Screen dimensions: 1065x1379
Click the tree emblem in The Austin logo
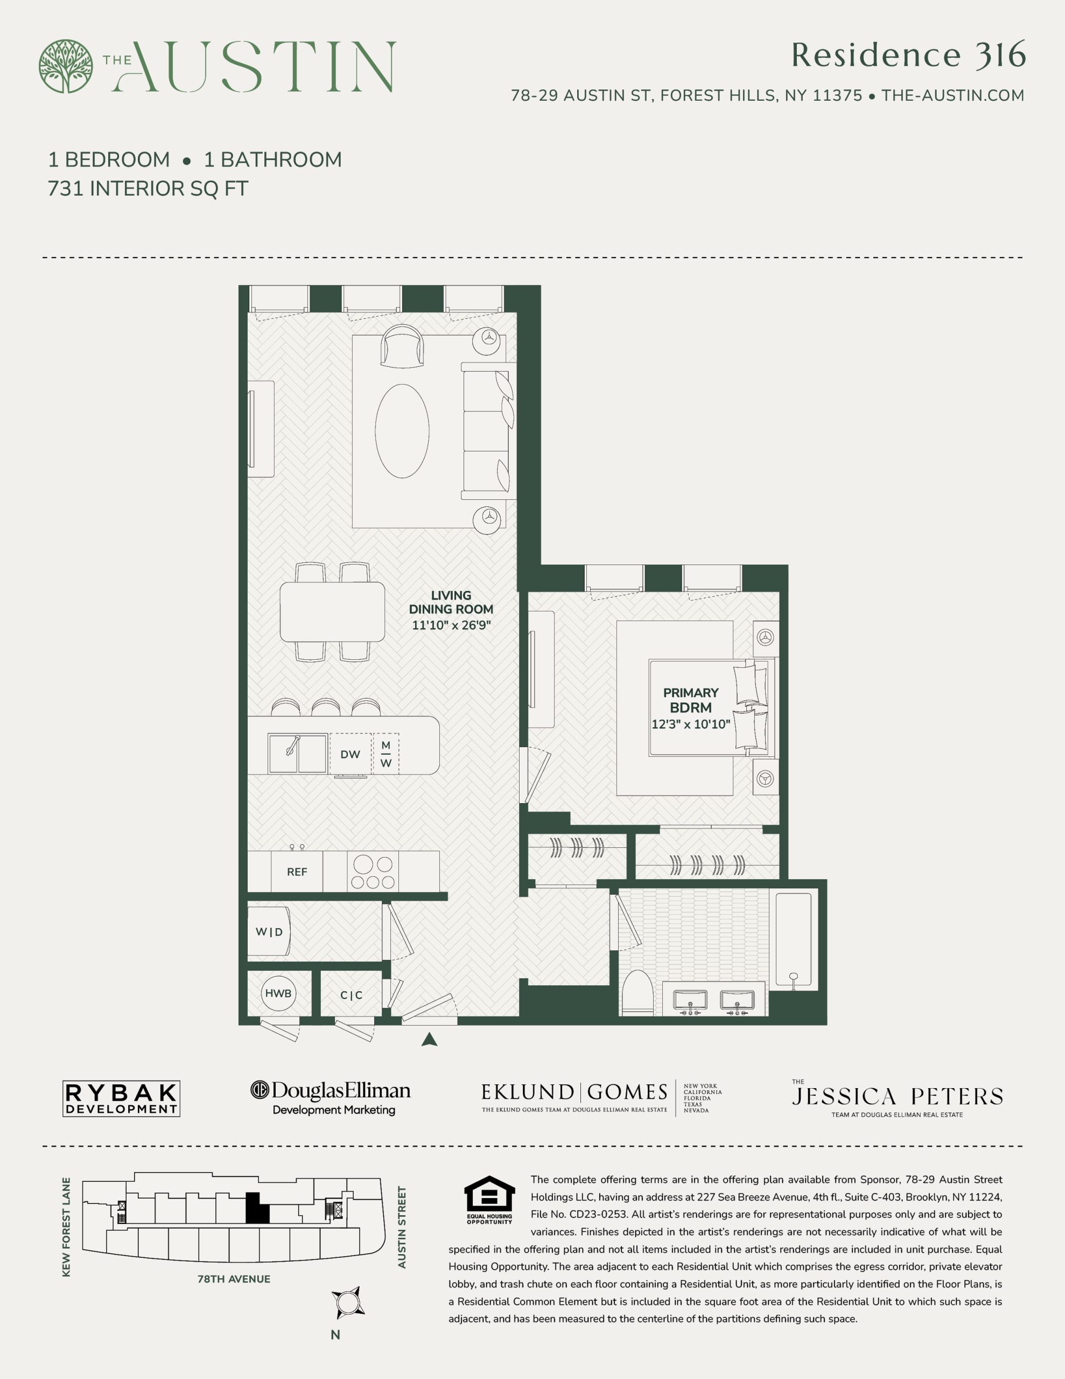(x=66, y=66)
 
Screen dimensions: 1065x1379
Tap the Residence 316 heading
(x=908, y=55)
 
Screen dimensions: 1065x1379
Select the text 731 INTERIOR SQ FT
(x=148, y=188)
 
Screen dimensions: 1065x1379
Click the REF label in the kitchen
(x=297, y=872)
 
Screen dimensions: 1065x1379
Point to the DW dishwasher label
(x=351, y=755)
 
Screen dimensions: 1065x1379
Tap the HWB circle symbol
(x=278, y=993)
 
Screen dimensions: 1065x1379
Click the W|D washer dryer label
(x=269, y=932)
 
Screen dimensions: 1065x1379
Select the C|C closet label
(x=351, y=995)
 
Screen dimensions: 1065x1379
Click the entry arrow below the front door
(x=429, y=1040)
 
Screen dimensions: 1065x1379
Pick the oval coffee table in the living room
(x=402, y=431)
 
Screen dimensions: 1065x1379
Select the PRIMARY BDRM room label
(x=691, y=700)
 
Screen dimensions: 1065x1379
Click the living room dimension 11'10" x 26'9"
(x=451, y=625)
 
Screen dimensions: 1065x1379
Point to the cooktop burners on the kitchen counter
(x=373, y=872)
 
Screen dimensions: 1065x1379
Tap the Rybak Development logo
(x=121, y=1099)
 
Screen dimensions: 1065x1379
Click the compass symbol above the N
(x=348, y=1303)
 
